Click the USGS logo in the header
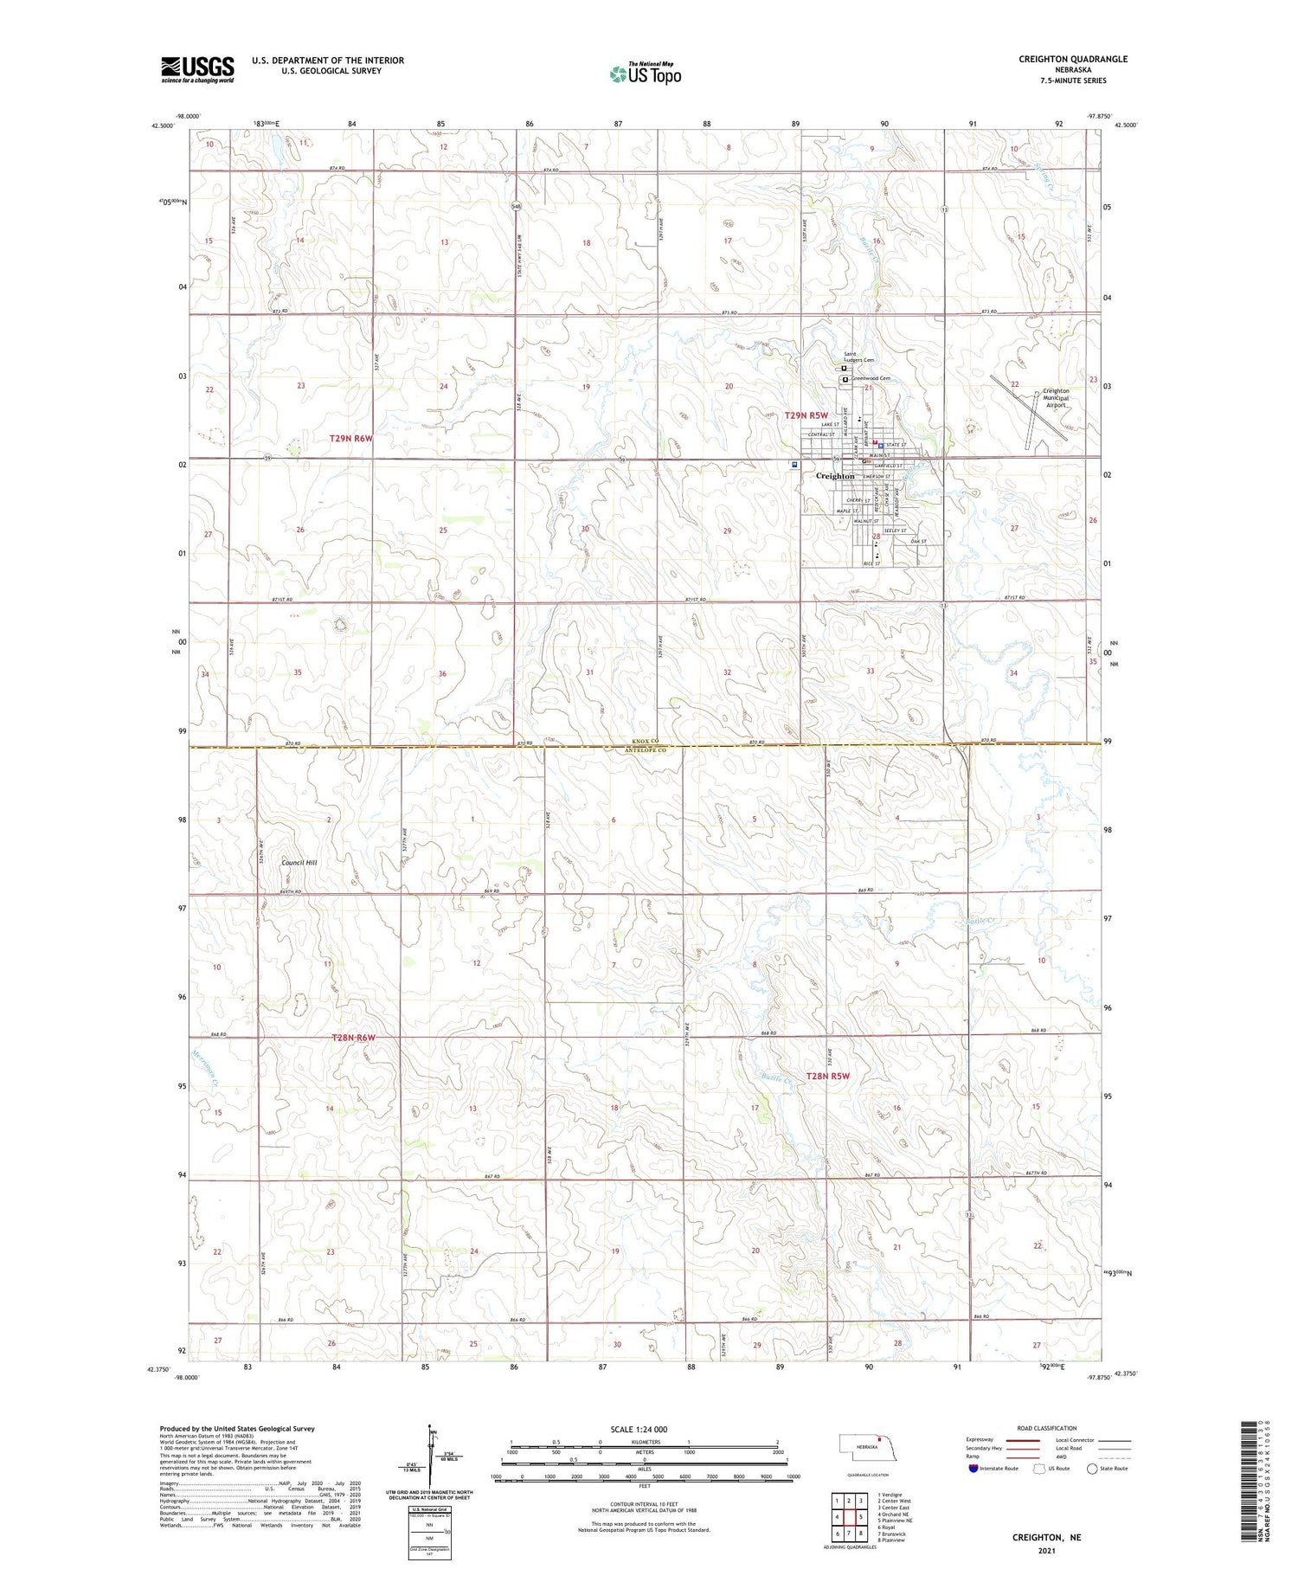point(197,69)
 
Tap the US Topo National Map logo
point(646,74)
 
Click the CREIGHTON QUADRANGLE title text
point(1072,59)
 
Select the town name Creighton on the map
point(835,476)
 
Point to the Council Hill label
point(299,863)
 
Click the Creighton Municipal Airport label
point(1056,397)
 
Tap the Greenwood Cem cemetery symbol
point(845,379)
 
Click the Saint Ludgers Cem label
point(859,357)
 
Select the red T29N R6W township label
point(350,439)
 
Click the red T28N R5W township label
point(828,1076)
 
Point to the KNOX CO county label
point(644,742)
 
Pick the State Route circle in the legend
point(1092,1469)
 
